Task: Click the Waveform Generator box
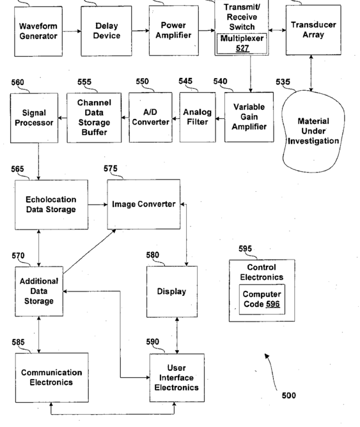point(38,31)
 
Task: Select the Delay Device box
point(107,31)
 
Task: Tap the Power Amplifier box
point(174,31)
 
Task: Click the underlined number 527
point(242,48)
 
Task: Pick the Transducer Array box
point(313,30)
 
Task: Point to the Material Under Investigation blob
point(313,131)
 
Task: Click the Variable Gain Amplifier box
point(249,117)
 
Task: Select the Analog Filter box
point(198,118)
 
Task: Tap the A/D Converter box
point(151,118)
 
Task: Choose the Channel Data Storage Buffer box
point(94,118)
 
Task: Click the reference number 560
point(17,82)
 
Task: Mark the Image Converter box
point(144,205)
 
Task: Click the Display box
point(172,291)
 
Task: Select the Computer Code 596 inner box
point(262,299)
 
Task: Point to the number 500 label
point(288,396)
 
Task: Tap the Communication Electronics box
point(52,377)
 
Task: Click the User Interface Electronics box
point(177,378)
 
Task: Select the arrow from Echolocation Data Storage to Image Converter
point(97,205)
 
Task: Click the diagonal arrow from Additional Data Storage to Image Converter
point(90,251)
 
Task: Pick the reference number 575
point(110,169)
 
